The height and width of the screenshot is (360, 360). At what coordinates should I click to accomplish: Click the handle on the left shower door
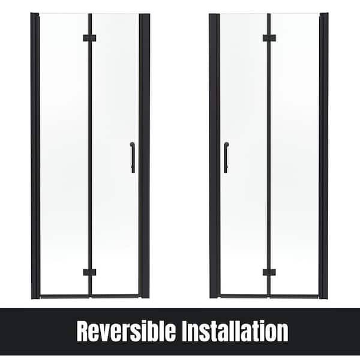point(133,157)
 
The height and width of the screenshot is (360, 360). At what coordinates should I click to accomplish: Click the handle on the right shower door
point(226,157)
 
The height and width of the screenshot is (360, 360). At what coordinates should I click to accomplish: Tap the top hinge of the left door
point(89,38)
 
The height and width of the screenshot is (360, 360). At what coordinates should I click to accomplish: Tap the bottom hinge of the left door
point(89,272)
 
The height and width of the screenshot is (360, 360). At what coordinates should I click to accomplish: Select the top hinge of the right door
point(269,38)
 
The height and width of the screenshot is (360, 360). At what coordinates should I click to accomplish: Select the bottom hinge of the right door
point(269,272)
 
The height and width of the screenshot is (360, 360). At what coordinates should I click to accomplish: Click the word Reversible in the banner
point(126,331)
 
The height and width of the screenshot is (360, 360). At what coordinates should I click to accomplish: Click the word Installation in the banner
point(235,331)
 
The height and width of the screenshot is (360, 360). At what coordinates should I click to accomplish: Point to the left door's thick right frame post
point(145,156)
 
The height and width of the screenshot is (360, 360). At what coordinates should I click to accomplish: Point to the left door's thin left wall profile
point(35,156)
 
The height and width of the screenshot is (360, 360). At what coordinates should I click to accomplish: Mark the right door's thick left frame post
point(215,156)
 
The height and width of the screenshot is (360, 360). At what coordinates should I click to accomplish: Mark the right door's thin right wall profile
point(324,156)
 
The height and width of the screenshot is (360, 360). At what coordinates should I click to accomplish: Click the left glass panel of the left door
point(64,154)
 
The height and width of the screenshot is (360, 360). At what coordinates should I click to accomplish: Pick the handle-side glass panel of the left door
point(115,154)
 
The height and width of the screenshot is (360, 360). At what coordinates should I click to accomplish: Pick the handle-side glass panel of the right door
point(244,154)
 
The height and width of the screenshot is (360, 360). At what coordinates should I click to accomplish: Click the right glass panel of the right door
point(295,154)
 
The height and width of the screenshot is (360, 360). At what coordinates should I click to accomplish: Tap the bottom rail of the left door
point(89,296)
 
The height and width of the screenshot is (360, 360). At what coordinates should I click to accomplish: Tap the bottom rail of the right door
point(269,296)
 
